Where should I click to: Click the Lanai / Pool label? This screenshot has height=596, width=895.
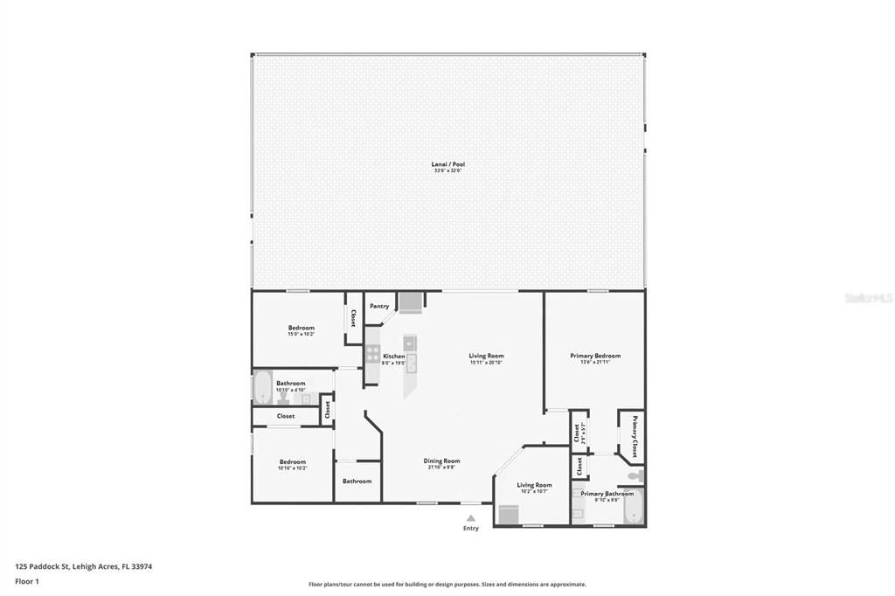click(x=446, y=164)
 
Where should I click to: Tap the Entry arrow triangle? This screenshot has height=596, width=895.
click(x=471, y=518)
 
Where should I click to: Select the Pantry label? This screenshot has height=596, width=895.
click(x=379, y=306)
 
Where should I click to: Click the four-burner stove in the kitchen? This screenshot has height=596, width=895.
click(x=372, y=354)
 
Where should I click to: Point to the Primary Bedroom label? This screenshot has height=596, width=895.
click(x=595, y=356)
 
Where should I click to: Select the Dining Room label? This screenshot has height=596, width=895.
click(x=441, y=461)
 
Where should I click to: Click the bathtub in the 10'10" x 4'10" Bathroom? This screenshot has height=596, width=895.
click(x=262, y=387)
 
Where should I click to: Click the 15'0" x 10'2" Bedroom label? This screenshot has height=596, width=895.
click(x=301, y=329)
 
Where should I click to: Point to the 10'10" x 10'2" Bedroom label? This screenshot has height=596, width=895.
click(x=292, y=462)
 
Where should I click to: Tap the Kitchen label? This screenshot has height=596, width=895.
click(x=393, y=357)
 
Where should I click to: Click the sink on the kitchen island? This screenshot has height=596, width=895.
click(x=412, y=363)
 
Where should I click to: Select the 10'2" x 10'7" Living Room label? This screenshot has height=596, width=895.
click(x=534, y=485)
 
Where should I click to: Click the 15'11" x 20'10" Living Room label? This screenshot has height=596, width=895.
click(x=486, y=356)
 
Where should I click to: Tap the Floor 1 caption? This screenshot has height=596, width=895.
click(x=27, y=580)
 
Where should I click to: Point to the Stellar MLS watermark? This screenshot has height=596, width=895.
click(x=868, y=298)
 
